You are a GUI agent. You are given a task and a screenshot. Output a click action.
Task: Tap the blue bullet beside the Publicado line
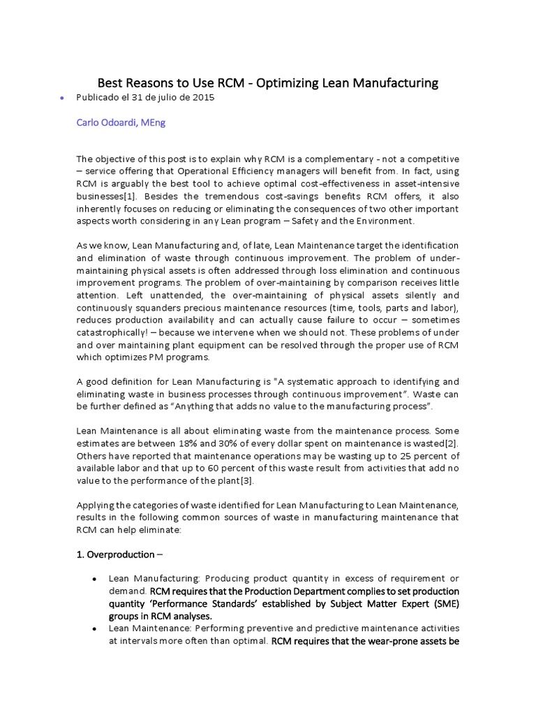pyautogui.click(x=62, y=99)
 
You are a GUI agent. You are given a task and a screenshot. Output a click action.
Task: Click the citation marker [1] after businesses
pyautogui.click(x=126, y=197)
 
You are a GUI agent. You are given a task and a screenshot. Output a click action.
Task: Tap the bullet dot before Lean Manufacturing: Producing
pyautogui.click(x=94, y=580)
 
